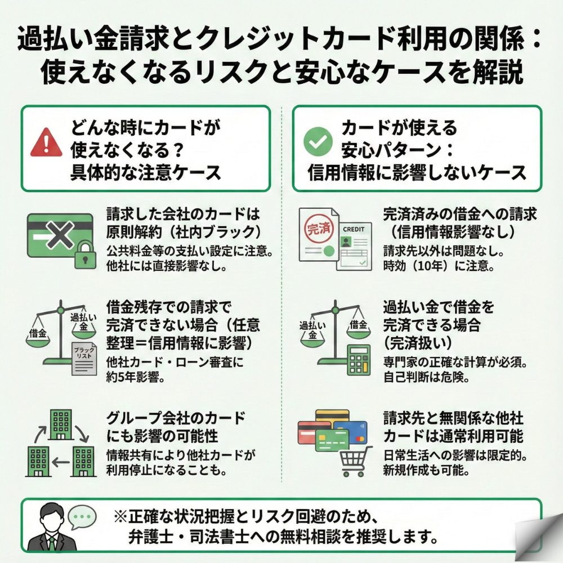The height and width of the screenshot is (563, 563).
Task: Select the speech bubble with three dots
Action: click(x=82, y=516)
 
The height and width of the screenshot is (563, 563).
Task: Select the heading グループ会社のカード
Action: click(x=176, y=418)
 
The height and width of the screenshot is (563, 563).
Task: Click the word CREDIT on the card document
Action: click(x=353, y=230)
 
